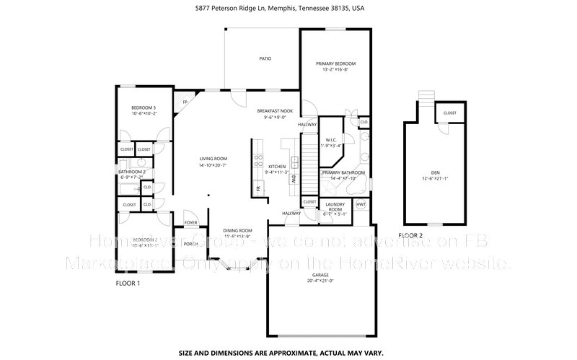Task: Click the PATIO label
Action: click(265, 58)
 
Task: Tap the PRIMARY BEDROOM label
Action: click(335, 64)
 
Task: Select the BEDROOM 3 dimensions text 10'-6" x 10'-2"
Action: click(144, 113)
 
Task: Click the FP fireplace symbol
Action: click(185, 102)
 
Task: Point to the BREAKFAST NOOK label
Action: click(275, 111)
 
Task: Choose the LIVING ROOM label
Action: click(213, 159)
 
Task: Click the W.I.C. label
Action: click(332, 140)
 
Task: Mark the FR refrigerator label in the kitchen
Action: click(257, 188)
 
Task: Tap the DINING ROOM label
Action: click(237, 230)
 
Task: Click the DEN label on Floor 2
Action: click(435, 172)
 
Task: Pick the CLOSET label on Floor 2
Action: click(449, 113)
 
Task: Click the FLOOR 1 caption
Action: click(129, 284)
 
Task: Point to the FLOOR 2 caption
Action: click(410, 235)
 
